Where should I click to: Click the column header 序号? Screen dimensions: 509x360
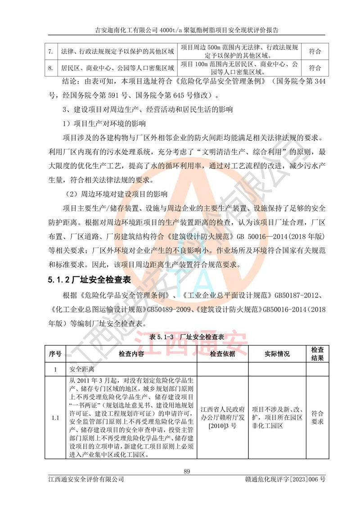[x=55, y=354]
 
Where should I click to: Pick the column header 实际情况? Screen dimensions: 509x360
[x=277, y=354]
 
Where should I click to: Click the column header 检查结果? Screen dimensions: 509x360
[x=317, y=354]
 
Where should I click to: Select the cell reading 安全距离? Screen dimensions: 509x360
[x=81, y=369]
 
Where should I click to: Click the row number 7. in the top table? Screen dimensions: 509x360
[x=51, y=52]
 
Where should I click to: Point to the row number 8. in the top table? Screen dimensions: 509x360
[x=51, y=68]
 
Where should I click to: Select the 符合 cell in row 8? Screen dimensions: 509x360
[x=315, y=68]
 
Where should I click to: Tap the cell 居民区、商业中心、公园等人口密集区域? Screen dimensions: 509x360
[x=117, y=68]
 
